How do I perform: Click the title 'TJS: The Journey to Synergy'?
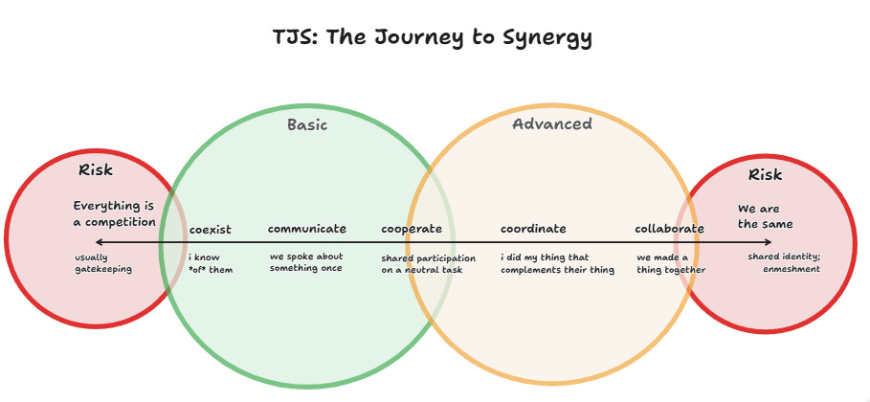click(433, 38)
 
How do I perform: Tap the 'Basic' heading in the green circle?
click(307, 125)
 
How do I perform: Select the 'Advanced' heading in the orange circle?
click(552, 124)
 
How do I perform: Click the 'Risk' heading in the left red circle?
click(96, 170)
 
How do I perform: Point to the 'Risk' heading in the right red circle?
click(765, 175)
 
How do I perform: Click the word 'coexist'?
click(210, 230)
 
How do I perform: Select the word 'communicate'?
click(307, 229)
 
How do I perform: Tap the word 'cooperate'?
click(412, 229)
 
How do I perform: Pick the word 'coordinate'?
click(533, 229)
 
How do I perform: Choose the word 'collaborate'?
click(669, 229)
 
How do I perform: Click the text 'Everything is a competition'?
click(114, 214)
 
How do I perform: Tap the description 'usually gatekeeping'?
click(103, 263)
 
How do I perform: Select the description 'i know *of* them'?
click(211, 263)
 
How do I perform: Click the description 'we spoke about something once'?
click(305, 262)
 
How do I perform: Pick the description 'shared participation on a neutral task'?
click(428, 264)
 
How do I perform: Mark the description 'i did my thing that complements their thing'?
click(558, 263)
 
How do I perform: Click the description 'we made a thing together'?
click(671, 263)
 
